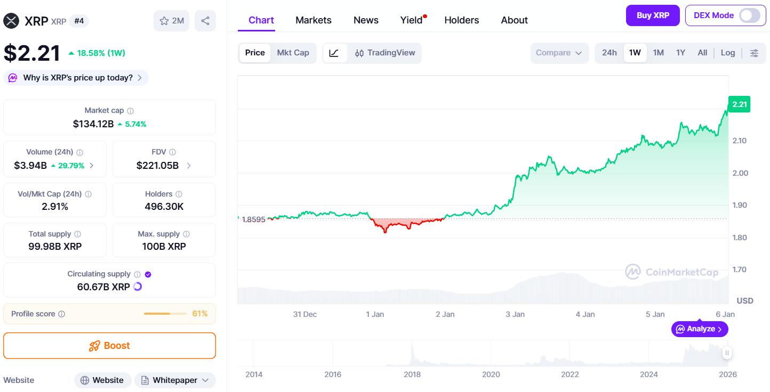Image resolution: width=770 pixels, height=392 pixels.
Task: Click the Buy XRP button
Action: coord(653,15)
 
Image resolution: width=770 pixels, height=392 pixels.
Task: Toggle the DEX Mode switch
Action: coord(749,15)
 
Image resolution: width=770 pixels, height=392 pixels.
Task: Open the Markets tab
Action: coord(314,20)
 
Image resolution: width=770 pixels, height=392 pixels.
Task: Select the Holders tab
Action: coord(461,20)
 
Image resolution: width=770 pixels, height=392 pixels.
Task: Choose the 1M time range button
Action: coord(659,53)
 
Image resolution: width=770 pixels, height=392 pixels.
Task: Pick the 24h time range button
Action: coord(609,53)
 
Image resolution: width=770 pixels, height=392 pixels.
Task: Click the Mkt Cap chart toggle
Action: coord(293,53)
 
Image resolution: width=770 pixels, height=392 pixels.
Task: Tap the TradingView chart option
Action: coord(385,53)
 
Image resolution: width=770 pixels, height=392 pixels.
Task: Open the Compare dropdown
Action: coord(559,53)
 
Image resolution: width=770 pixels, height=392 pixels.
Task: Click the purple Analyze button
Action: coord(699,329)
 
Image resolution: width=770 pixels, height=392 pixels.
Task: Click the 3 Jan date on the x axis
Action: coord(515,314)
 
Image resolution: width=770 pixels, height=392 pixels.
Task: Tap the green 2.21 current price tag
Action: coord(739,104)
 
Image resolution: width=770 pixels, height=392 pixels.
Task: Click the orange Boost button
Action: coord(109,346)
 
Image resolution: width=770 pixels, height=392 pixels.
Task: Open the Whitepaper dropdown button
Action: coord(175,380)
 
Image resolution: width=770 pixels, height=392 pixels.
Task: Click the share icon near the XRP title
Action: coord(205,21)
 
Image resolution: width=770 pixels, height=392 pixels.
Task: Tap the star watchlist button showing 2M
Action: coord(171,21)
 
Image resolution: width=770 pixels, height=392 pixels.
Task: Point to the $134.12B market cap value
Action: coord(93,124)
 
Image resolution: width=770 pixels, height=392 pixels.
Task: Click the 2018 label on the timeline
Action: coord(412,374)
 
